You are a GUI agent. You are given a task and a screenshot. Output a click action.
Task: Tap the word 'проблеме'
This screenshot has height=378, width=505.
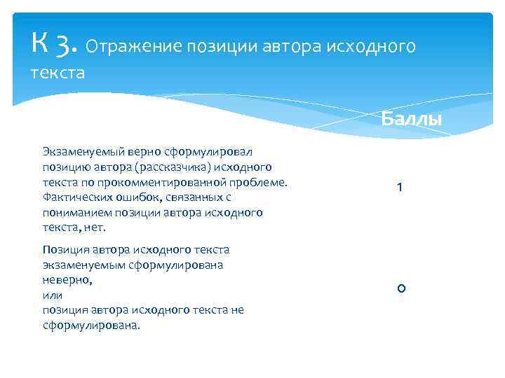click(x=260, y=182)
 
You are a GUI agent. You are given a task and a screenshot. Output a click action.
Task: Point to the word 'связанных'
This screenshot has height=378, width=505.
click(x=187, y=197)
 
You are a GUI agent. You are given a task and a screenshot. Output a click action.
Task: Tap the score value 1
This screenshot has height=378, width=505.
click(x=399, y=188)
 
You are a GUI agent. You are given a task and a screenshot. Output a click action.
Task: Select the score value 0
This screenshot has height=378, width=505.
click(x=401, y=288)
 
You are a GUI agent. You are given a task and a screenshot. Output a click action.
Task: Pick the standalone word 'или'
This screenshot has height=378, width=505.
click(x=53, y=295)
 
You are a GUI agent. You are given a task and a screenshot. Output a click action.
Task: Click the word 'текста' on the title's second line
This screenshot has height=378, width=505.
click(x=58, y=72)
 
